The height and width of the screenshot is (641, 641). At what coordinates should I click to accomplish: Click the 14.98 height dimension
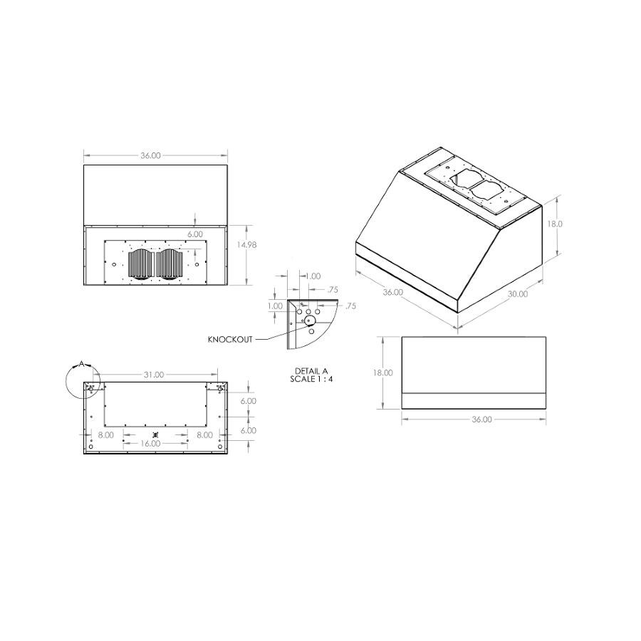coord(246,245)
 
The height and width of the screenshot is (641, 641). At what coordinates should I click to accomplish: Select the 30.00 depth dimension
coord(518,294)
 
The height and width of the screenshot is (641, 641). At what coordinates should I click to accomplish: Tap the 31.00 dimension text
coord(154,375)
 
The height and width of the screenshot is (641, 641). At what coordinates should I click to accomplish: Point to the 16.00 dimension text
coord(150,443)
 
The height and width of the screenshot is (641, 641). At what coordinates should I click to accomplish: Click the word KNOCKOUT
coord(230,340)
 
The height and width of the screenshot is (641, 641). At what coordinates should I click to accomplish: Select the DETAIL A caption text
coord(311,371)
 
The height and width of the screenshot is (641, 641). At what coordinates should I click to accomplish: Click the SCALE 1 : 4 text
coord(311,379)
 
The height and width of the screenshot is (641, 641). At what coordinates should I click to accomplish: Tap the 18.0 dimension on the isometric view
coord(555,224)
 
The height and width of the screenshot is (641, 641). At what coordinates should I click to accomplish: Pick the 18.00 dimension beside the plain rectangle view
coord(382,372)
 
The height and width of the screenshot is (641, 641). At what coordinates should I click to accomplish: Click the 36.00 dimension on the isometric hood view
coord(392,292)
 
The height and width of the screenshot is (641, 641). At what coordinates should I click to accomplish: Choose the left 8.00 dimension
coord(105,434)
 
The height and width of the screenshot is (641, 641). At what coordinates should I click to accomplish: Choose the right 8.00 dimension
coord(204,434)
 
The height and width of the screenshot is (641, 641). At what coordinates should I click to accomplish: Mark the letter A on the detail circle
coord(81,364)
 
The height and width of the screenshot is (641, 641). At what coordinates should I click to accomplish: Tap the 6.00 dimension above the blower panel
coord(195,234)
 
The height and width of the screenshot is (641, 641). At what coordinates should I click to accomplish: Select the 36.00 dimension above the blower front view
coord(150,155)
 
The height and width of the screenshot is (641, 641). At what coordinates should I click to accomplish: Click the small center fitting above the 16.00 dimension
coord(155,434)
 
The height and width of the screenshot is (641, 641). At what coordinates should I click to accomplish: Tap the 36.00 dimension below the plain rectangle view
coord(481,419)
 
